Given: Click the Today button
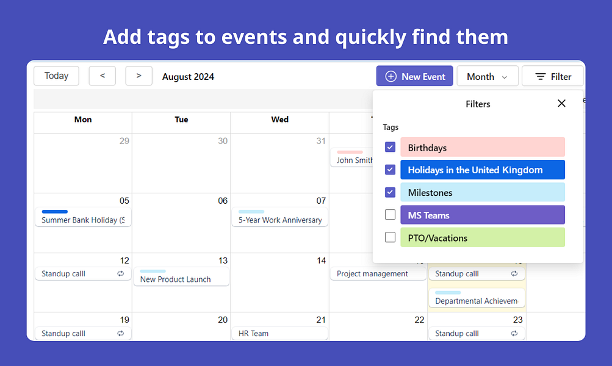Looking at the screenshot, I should pyautogui.click(x=56, y=76).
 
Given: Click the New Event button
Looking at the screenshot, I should pyautogui.click(x=414, y=76).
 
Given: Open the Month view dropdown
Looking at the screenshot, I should pyautogui.click(x=487, y=76).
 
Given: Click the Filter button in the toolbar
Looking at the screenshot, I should pyautogui.click(x=553, y=76).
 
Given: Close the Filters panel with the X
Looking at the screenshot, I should pyautogui.click(x=561, y=104).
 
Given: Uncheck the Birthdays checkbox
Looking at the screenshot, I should pyautogui.click(x=391, y=148).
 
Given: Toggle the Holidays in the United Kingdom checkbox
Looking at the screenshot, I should pyautogui.click(x=391, y=170).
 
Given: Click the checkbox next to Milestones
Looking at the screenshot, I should pyautogui.click(x=391, y=192).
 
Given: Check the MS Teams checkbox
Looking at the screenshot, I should pyautogui.click(x=391, y=215).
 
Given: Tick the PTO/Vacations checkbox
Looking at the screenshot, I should pyautogui.click(x=391, y=237).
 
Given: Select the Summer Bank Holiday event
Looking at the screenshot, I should pyautogui.click(x=83, y=220).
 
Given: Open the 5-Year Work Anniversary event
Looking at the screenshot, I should pyautogui.click(x=279, y=220).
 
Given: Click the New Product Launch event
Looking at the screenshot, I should pyautogui.click(x=181, y=279).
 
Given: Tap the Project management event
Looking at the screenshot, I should pyautogui.click(x=378, y=274).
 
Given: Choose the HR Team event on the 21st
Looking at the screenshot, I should pyautogui.click(x=279, y=334).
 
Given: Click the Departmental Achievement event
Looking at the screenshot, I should pyautogui.click(x=477, y=301).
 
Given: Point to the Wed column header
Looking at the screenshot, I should pyautogui.click(x=279, y=120).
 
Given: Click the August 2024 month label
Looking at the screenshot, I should pyautogui.click(x=188, y=77).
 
